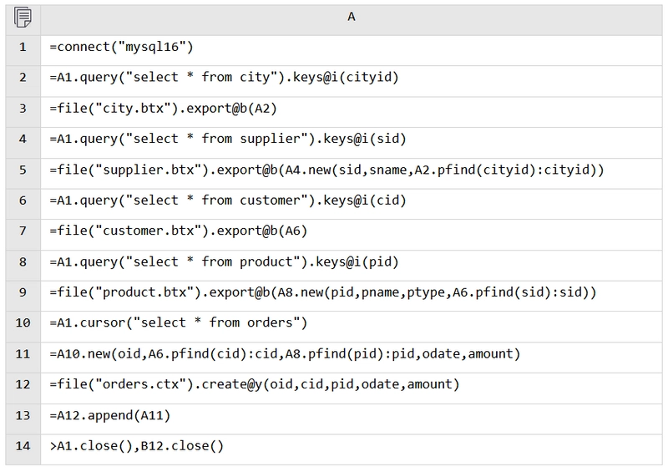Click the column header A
(351, 17)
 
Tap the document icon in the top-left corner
(23, 18)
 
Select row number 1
(23, 47)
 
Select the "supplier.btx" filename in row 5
(149, 170)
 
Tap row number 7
(23, 231)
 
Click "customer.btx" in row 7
(149, 231)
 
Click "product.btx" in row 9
(144, 292)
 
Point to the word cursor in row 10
(103, 322)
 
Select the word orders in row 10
(270, 322)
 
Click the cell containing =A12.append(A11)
(352, 415)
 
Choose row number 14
(23, 446)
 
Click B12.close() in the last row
(182, 446)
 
